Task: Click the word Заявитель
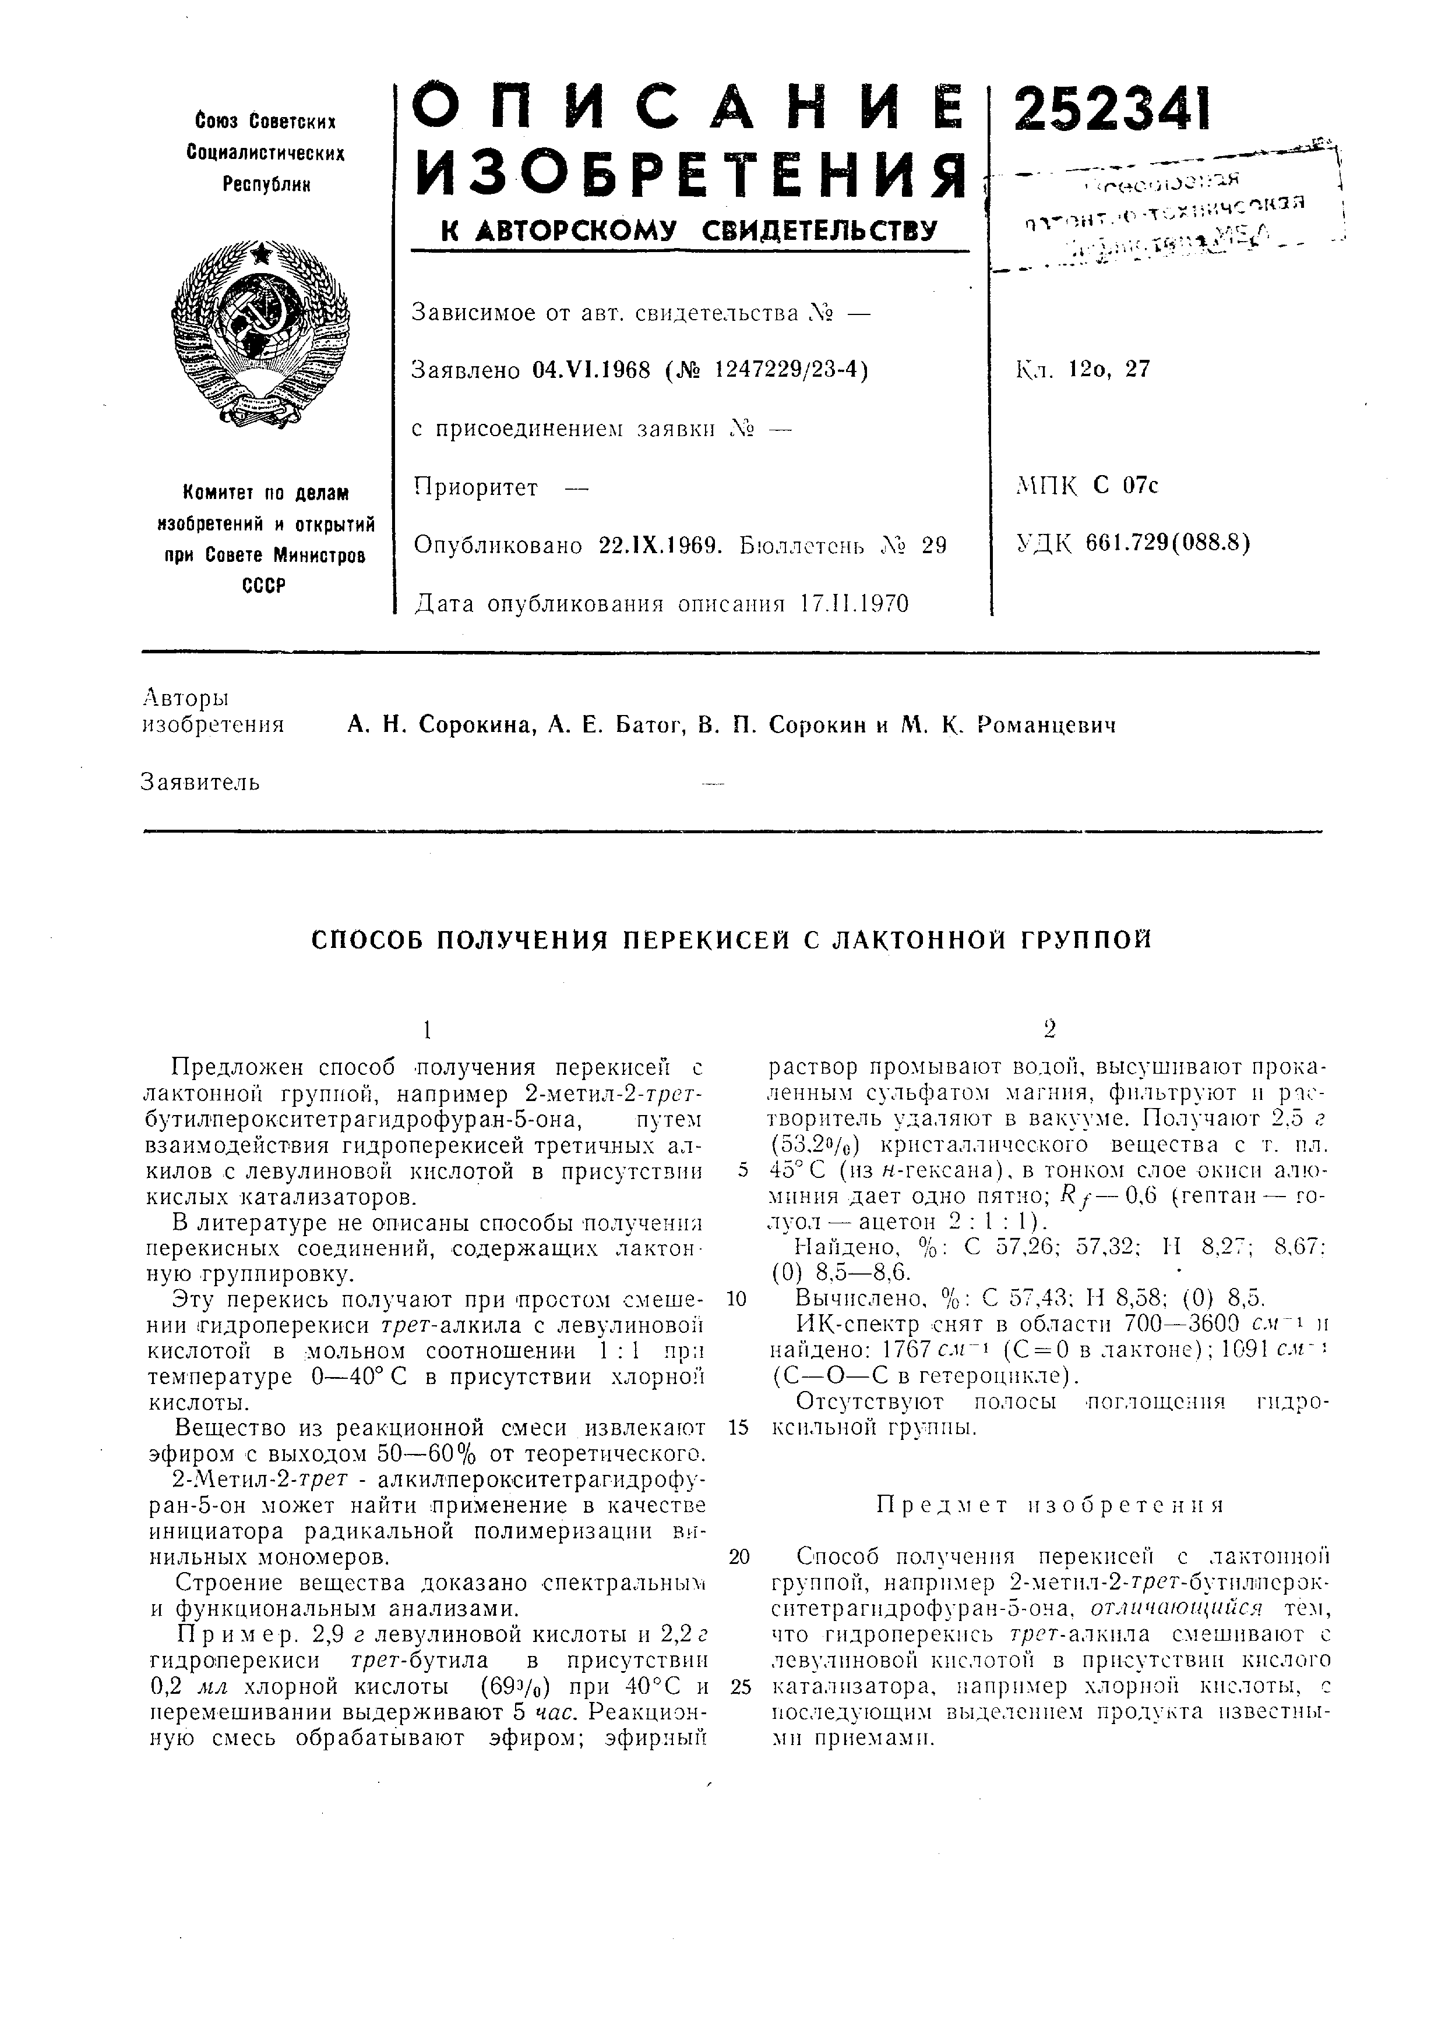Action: point(201,783)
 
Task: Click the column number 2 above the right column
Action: point(1050,1029)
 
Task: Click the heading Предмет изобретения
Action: point(1050,1505)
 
